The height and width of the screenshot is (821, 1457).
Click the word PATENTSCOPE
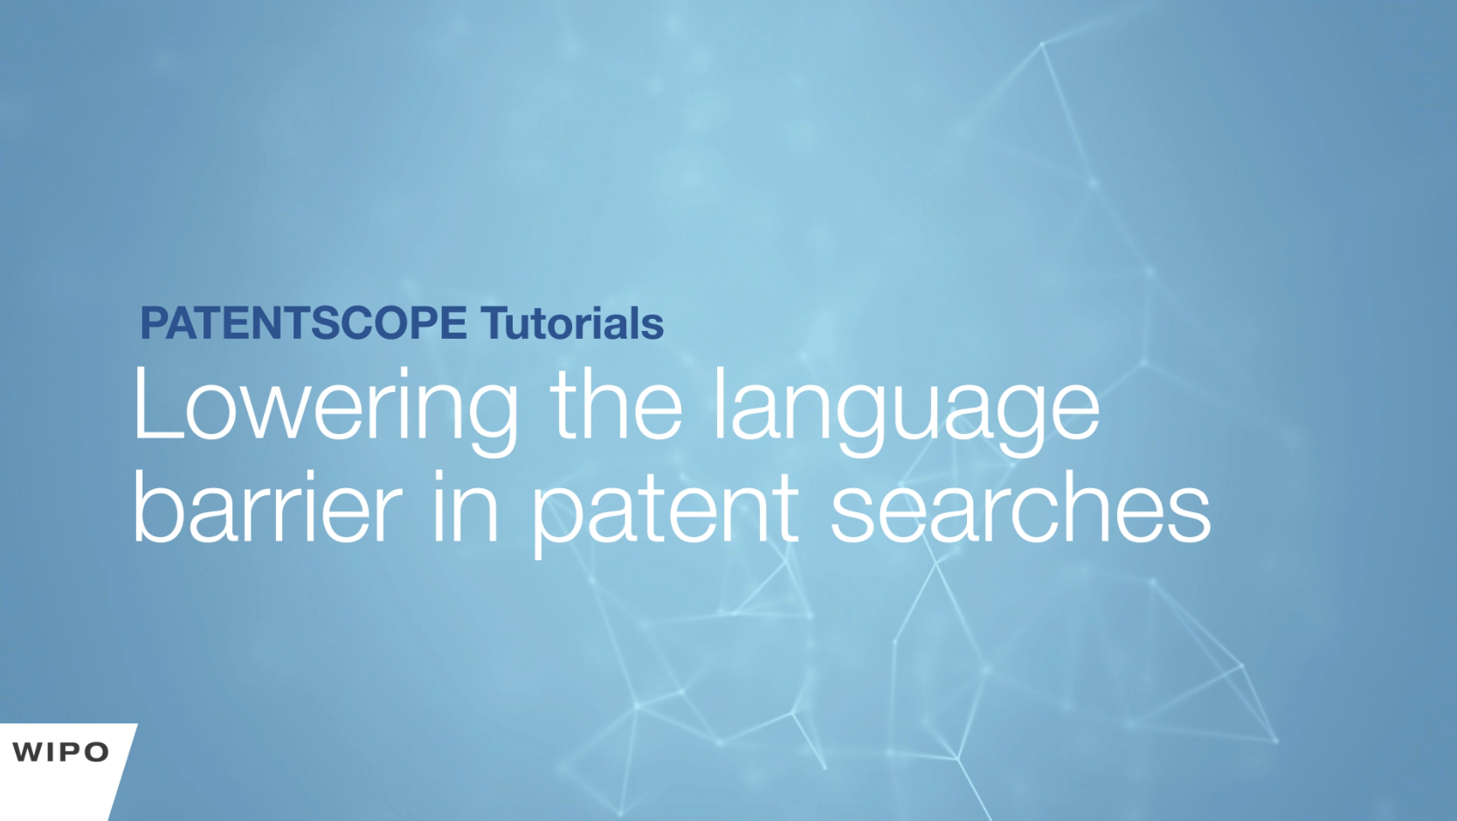(x=304, y=322)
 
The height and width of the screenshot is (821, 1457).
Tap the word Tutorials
(x=572, y=322)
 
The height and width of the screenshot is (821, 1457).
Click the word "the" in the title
(x=616, y=404)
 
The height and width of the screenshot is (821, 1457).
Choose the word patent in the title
(x=665, y=514)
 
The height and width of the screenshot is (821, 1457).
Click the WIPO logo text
(x=60, y=752)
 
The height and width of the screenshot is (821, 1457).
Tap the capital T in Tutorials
(x=495, y=323)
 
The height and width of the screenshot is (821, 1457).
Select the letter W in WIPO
(x=29, y=752)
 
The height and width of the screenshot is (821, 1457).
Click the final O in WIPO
(x=96, y=752)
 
